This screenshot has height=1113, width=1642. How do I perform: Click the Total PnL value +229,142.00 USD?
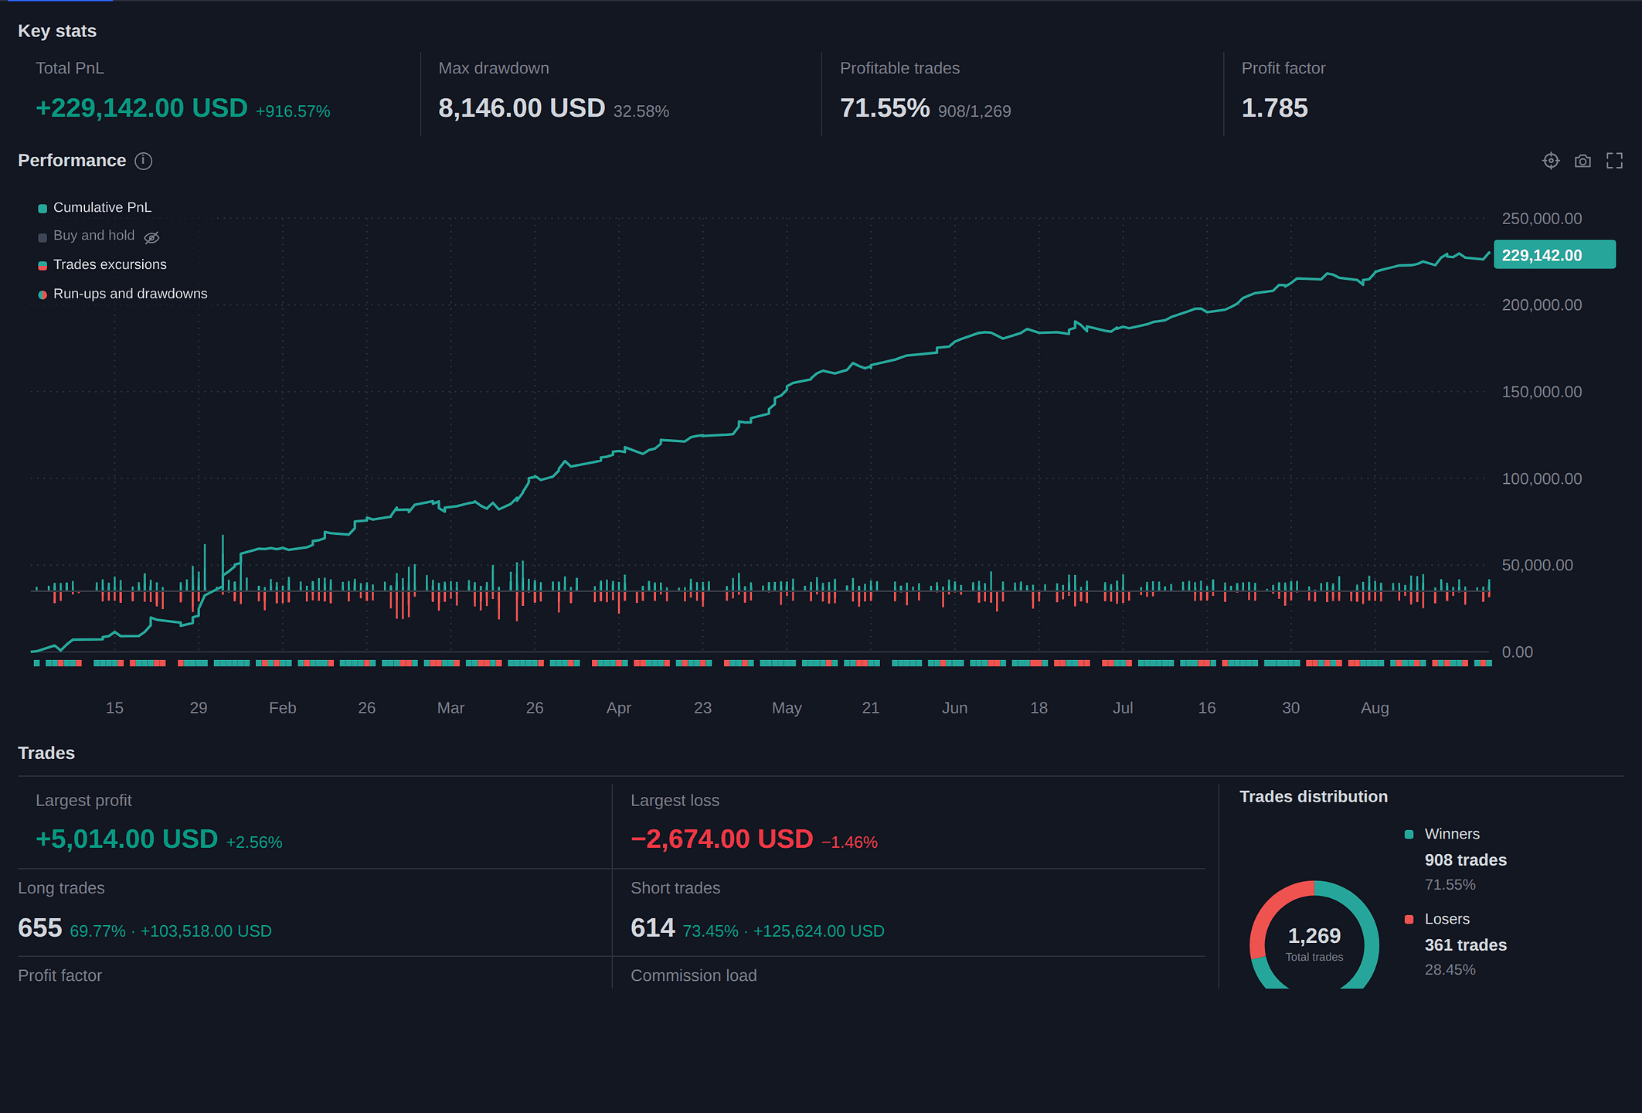pos(142,108)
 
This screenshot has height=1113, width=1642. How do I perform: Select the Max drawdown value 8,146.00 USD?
pos(522,108)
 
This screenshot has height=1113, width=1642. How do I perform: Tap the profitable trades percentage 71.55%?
pos(885,108)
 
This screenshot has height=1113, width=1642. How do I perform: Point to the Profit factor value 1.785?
pos(1274,108)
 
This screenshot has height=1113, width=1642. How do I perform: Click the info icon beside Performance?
pos(144,161)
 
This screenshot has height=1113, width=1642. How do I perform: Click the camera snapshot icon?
pos(1583,161)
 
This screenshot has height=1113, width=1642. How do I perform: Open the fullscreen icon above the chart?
pos(1614,161)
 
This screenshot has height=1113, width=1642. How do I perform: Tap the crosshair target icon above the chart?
pos(1551,161)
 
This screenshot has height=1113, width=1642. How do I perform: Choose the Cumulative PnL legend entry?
pos(95,207)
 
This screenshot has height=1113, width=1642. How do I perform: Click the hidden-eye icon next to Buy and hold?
pos(151,237)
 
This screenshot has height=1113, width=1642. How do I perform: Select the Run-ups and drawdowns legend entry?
pos(123,294)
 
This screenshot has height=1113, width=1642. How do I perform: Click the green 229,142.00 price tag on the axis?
pos(1555,255)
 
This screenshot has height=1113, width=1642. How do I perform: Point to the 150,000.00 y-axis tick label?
pos(1542,392)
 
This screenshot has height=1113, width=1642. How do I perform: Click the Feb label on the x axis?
pos(283,708)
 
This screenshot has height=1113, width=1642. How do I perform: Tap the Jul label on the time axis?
pos(1123,708)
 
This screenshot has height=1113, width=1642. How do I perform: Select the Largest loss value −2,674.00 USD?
pos(722,839)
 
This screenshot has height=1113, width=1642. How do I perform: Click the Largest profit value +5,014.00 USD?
pos(127,839)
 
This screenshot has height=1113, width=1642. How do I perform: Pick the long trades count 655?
pos(39,928)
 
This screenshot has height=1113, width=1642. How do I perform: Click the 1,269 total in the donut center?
pos(1314,936)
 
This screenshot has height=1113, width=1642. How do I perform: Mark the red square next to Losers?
pos(1409,919)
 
